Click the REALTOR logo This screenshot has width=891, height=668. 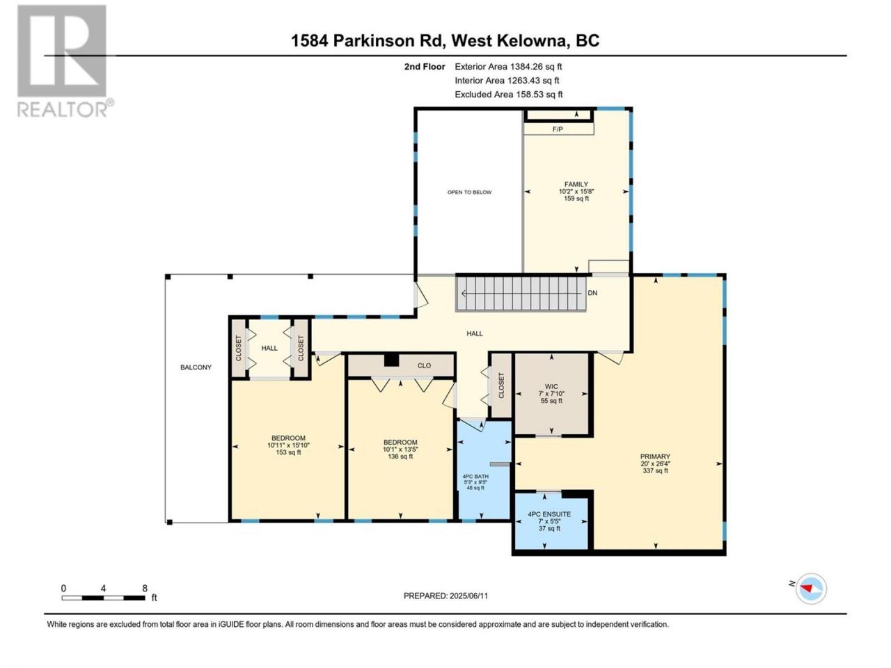tap(65, 61)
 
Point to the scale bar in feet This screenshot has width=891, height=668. tap(103, 598)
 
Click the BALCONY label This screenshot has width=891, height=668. tap(196, 367)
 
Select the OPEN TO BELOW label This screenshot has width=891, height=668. tap(469, 192)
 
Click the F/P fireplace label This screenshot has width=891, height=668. tap(558, 129)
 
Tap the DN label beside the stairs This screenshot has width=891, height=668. tap(592, 293)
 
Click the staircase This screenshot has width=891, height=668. tap(521, 294)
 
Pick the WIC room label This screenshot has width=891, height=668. tap(551, 386)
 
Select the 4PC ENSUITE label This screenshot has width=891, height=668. tap(549, 514)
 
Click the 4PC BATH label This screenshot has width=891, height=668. tap(475, 476)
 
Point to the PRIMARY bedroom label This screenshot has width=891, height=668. tap(655, 456)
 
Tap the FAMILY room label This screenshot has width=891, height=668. tap(576, 184)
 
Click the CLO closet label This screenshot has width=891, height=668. tap(424, 366)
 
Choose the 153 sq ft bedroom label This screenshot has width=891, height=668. tap(288, 445)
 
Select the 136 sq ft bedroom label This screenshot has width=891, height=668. tap(400, 449)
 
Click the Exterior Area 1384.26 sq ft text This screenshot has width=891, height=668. tap(508, 67)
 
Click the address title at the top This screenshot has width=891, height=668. tap(445, 40)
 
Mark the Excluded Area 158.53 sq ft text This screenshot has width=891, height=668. tap(509, 95)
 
